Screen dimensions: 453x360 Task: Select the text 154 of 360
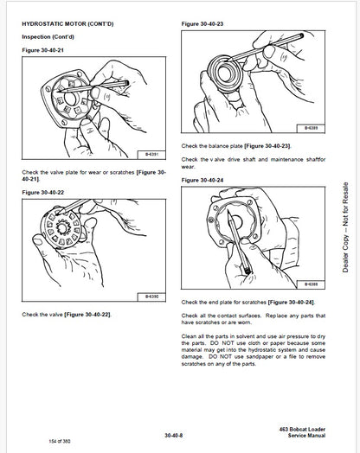point(35,442)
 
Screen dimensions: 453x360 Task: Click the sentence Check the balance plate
point(234,148)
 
